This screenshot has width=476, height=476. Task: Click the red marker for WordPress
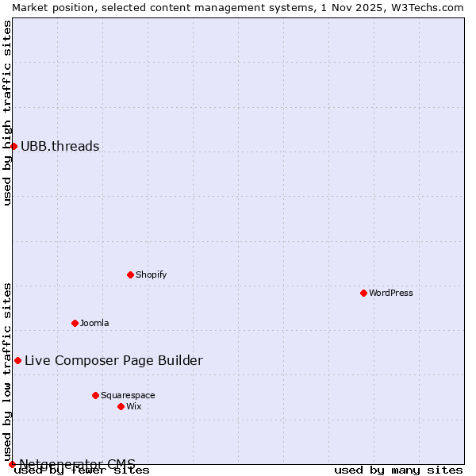(x=363, y=293)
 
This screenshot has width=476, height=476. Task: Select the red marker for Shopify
(x=130, y=274)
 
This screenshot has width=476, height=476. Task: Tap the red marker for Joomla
(x=75, y=323)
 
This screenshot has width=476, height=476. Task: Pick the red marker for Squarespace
(x=95, y=395)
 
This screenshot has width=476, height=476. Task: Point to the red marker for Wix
(x=121, y=406)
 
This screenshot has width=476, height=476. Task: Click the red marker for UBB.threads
(x=13, y=146)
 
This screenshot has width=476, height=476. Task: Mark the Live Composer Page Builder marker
(x=17, y=360)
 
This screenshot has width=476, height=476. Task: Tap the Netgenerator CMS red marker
(x=12, y=464)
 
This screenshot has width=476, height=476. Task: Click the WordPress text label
(x=391, y=293)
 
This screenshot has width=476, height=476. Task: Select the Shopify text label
(x=151, y=274)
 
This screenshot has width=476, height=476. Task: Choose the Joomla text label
(x=94, y=323)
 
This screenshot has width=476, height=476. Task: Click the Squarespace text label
(x=128, y=395)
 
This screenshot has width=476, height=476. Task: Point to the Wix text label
(x=133, y=406)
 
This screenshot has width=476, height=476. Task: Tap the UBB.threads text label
(x=60, y=146)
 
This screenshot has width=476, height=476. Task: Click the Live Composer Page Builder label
(x=113, y=360)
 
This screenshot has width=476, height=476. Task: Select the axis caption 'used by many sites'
(x=398, y=470)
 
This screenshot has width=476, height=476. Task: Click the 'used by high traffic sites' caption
(x=7, y=113)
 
